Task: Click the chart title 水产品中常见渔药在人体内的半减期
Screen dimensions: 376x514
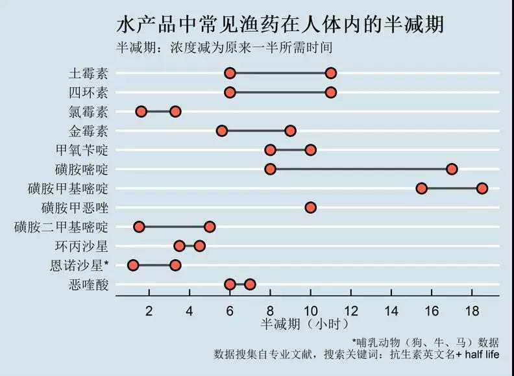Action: click(x=280, y=25)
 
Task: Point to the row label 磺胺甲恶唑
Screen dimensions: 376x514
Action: click(x=74, y=208)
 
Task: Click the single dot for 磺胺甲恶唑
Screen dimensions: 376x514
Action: click(x=310, y=208)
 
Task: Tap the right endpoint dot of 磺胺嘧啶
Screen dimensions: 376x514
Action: click(x=452, y=169)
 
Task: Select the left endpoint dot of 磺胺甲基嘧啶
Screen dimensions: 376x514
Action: click(x=421, y=188)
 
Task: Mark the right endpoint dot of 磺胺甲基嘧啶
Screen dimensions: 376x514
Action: click(x=482, y=188)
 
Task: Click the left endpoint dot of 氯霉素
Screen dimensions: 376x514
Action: click(x=141, y=112)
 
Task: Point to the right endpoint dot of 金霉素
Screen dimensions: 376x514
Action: click(x=290, y=131)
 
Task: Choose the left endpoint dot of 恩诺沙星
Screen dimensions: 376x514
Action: click(x=133, y=265)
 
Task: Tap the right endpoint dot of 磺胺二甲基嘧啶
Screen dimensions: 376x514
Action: click(x=210, y=227)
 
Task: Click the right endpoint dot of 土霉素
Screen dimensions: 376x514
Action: click(x=331, y=73)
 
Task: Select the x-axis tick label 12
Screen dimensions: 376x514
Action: click(x=350, y=310)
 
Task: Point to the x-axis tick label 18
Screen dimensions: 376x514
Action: click(x=472, y=310)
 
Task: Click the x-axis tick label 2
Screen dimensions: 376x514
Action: click(x=149, y=310)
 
